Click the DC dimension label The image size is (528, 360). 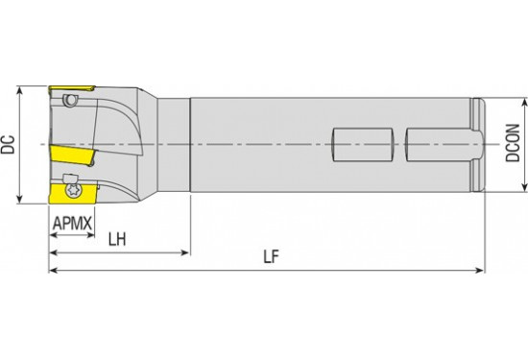click(8, 145)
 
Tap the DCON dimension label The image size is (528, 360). click(513, 143)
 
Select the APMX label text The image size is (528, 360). click(72, 223)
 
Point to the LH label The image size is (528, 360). click(117, 239)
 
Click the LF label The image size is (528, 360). click(271, 257)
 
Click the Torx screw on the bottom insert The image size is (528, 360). click(72, 190)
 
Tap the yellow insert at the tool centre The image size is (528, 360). click(72, 156)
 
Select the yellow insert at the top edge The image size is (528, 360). click(72, 89)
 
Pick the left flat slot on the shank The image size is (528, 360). click(363, 144)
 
